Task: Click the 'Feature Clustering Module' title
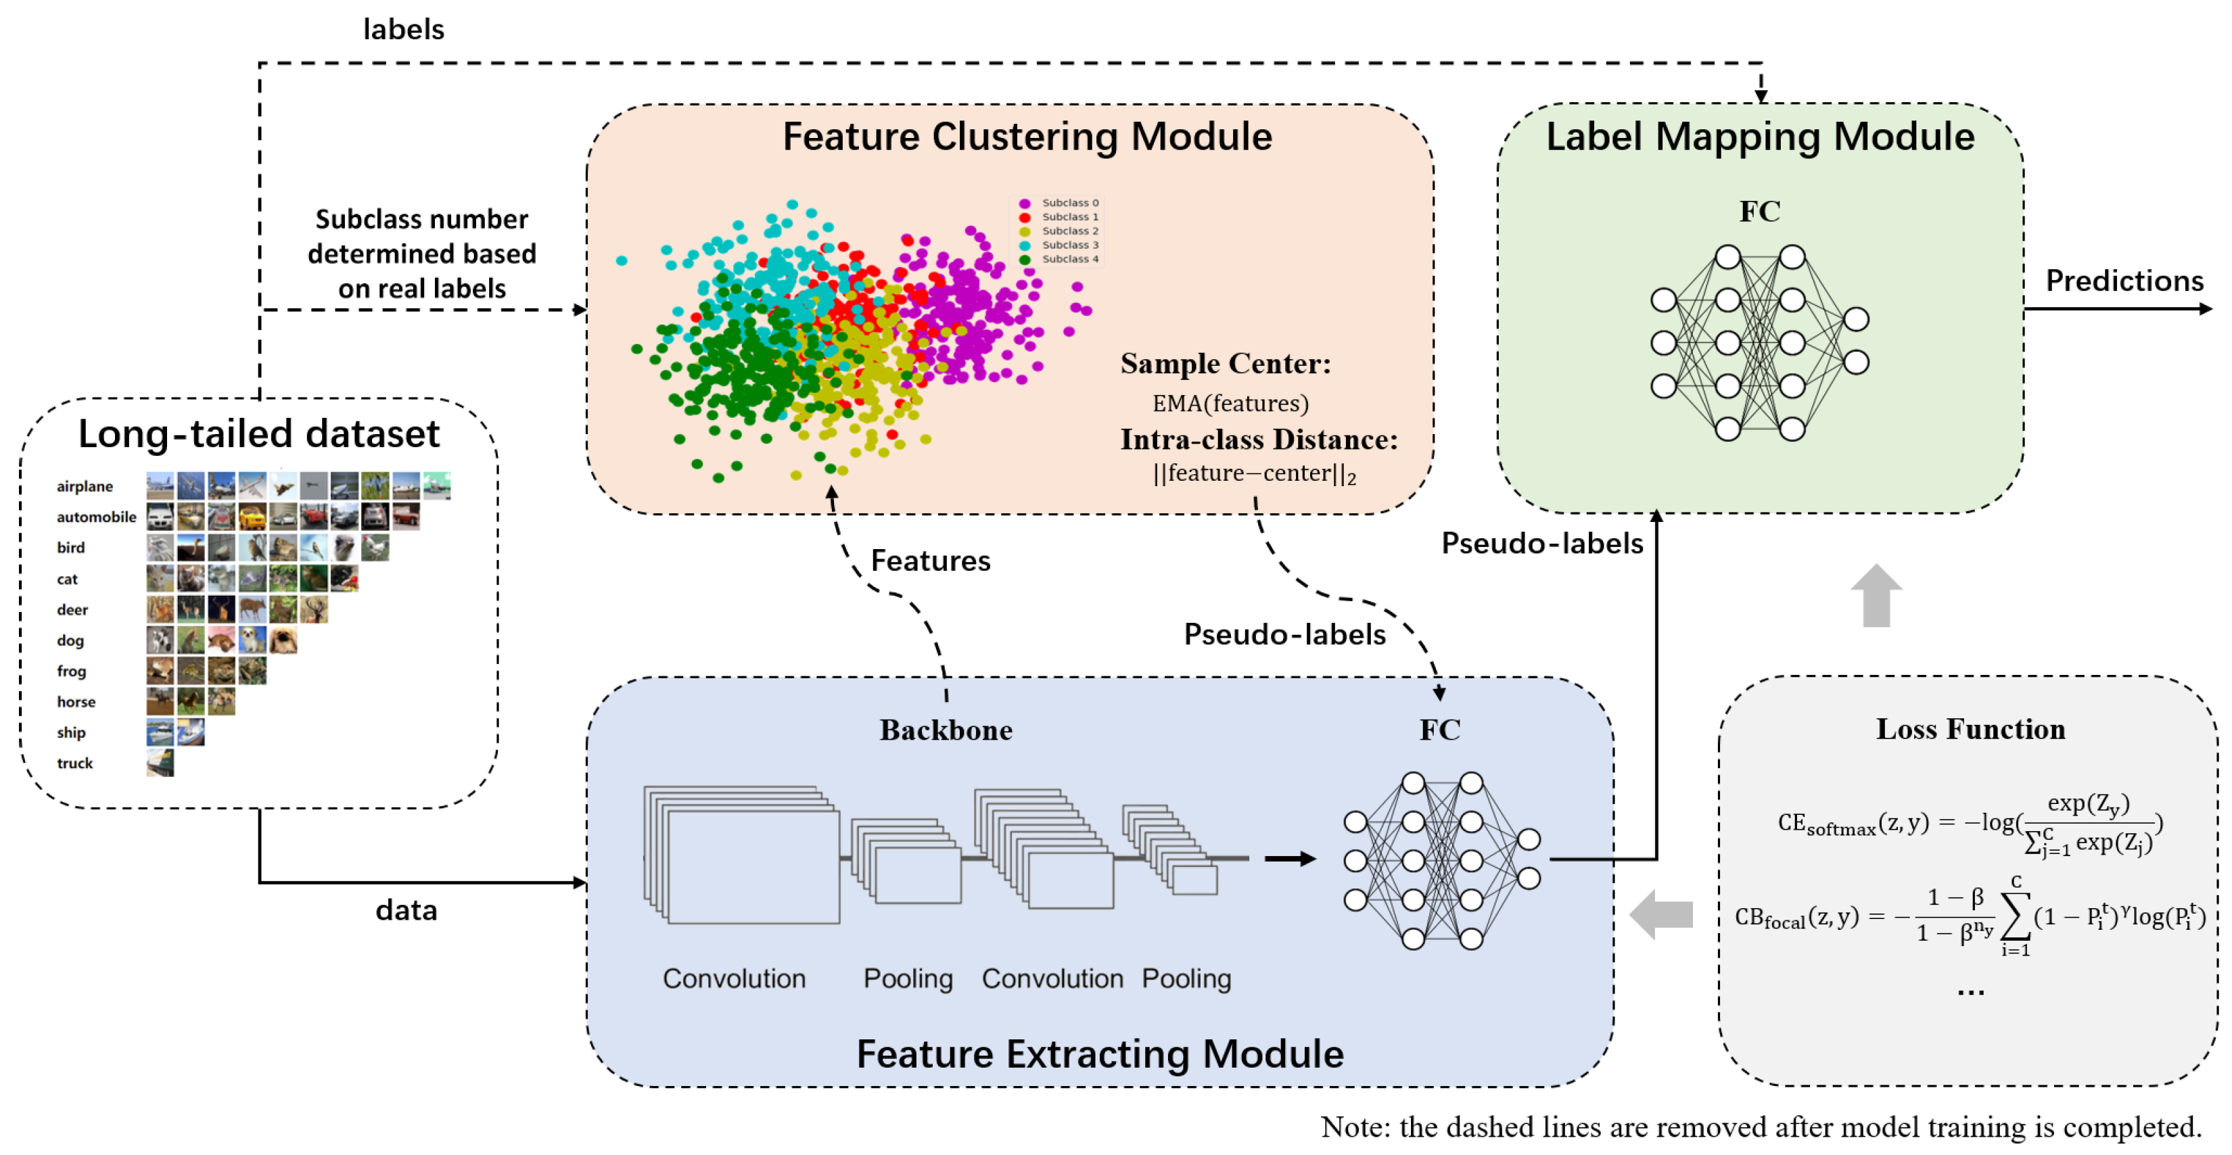pyautogui.click(x=1027, y=137)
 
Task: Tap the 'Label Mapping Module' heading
pyautogui.click(x=1760, y=137)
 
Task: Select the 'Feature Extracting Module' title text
pyautogui.click(x=1100, y=1054)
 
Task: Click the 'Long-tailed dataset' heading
pyautogui.click(x=258, y=433)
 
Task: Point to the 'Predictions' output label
pyautogui.click(x=2124, y=281)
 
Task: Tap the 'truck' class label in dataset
pyautogui.click(x=74, y=763)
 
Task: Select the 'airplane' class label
pyautogui.click(x=85, y=486)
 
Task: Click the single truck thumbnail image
pyautogui.click(x=160, y=763)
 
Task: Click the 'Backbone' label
pyautogui.click(x=946, y=730)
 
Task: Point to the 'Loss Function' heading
pyautogui.click(x=1970, y=729)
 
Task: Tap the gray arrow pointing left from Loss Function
pyautogui.click(x=1661, y=914)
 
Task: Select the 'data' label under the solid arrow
pyautogui.click(x=406, y=910)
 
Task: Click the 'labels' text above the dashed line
pyautogui.click(x=403, y=30)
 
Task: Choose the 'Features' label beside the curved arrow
pyautogui.click(x=930, y=561)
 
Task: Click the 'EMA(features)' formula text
pyautogui.click(x=1230, y=403)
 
